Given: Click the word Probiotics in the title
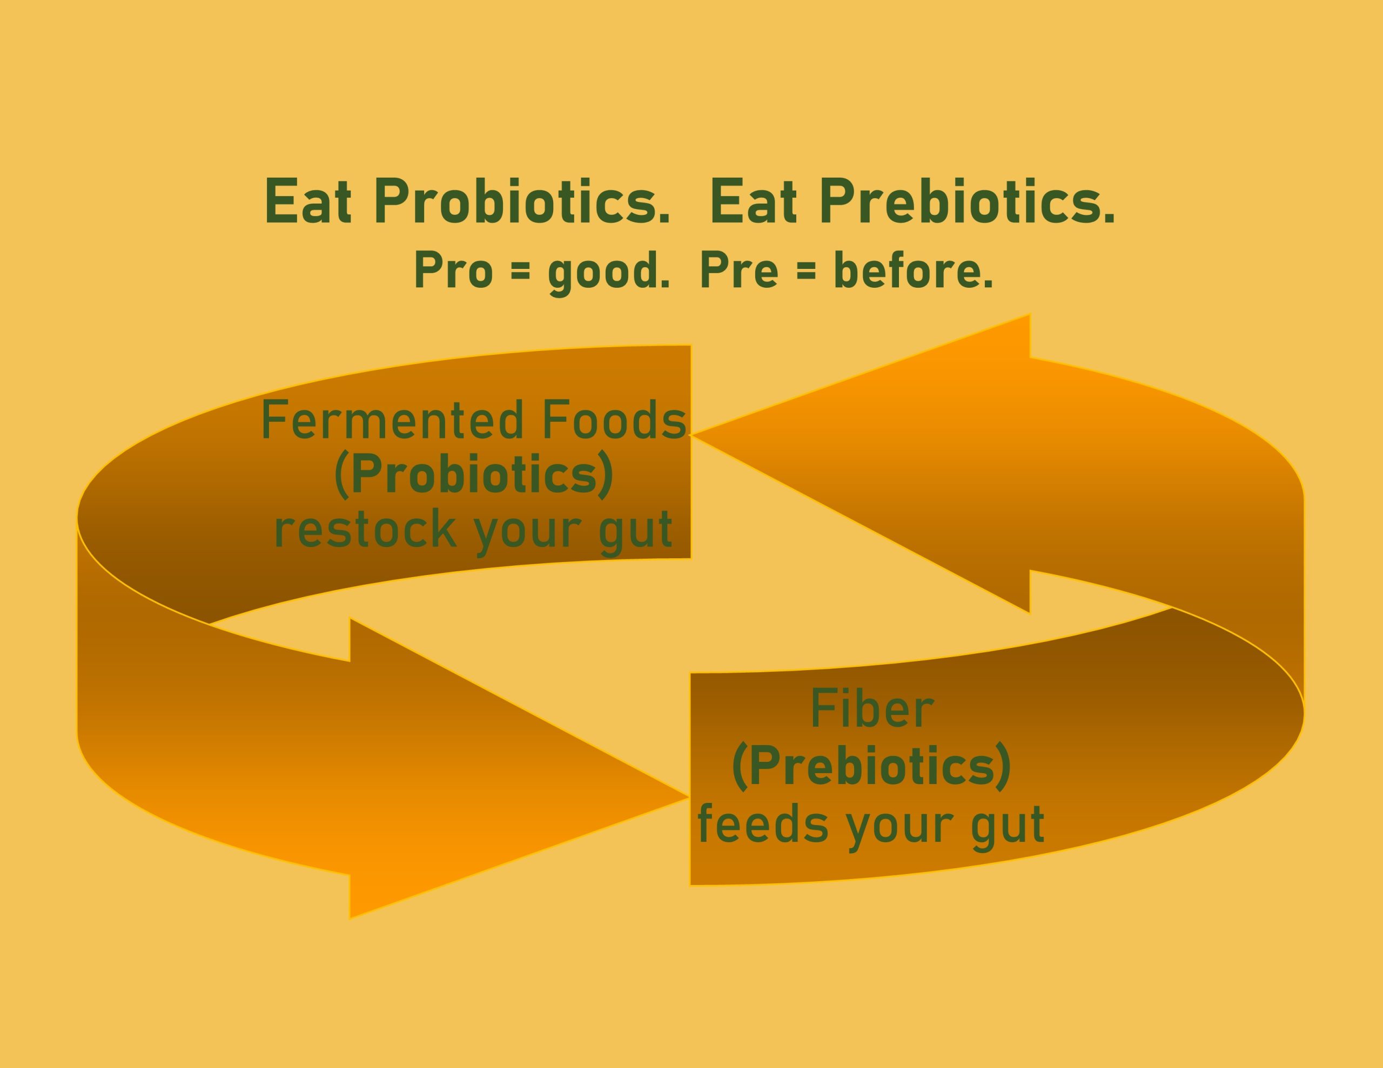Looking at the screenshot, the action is coord(522,201).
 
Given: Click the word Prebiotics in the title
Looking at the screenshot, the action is coord(968,201).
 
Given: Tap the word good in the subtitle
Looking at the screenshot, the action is coord(608,272).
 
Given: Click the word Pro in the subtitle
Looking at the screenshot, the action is coord(453,271).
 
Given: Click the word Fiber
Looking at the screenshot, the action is coord(872,709).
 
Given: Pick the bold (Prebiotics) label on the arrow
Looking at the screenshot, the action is coord(871,766).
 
